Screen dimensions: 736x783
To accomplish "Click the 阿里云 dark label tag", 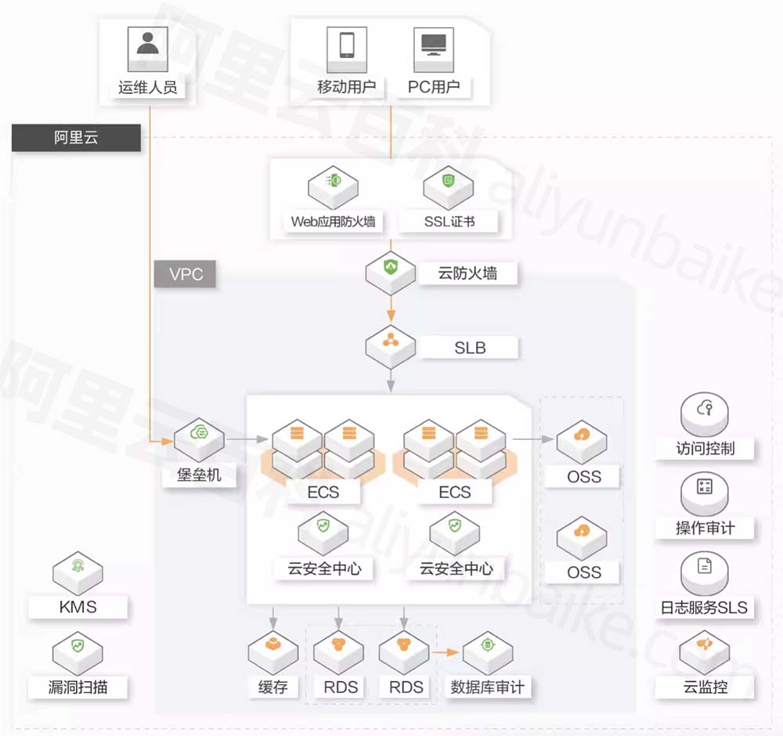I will [x=77, y=139].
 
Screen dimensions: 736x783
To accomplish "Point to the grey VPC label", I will [x=185, y=275].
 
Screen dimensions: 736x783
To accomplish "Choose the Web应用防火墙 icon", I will [x=333, y=185].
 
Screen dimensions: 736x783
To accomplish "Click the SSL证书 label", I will [x=449, y=221].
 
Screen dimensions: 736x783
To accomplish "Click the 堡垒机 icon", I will [x=199, y=435].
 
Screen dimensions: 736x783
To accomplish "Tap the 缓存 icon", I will [x=273, y=648].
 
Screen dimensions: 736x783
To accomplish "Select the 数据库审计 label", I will [x=487, y=687].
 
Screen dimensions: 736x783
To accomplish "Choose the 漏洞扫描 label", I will [x=78, y=687].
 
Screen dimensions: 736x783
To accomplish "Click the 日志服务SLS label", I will [x=704, y=607].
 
